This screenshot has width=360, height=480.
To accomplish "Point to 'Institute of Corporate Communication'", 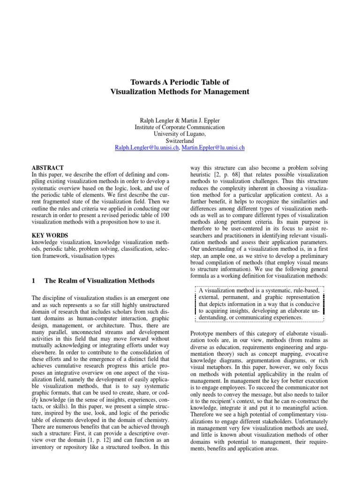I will (180, 127).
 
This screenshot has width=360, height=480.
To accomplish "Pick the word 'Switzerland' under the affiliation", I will (180, 140).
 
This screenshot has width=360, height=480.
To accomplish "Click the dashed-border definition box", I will (258, 305).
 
